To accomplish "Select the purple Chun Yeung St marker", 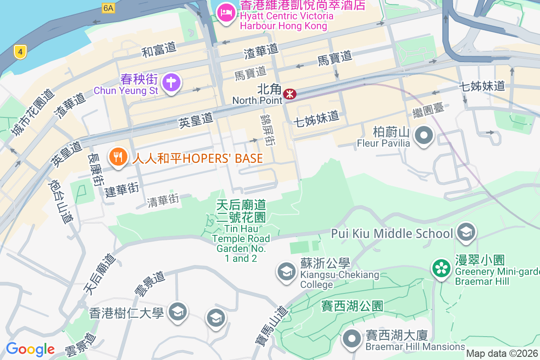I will (x=171, y=83).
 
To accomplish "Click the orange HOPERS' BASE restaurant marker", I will (x=117, y=157).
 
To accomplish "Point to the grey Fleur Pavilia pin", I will (x=423, y=135).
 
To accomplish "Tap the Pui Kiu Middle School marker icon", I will (x=466, y=232).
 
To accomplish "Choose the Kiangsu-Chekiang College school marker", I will (x=286, y=271).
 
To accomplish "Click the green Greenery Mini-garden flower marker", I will (x=441, y=269).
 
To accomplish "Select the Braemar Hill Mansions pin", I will (x=352, y=338).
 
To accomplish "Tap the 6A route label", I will (x=108, y=8).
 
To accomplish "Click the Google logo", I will (x=30, y=349).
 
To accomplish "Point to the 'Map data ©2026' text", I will (x=502, y=354).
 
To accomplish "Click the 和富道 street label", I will (x=159, y=50).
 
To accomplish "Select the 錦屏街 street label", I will (x=267, y=129).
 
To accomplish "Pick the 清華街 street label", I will (x=163, y=200).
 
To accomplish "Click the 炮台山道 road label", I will (x=60, y=202).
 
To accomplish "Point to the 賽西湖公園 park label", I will (x=352, y=306).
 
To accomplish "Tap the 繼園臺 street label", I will (x=428, y=108).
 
